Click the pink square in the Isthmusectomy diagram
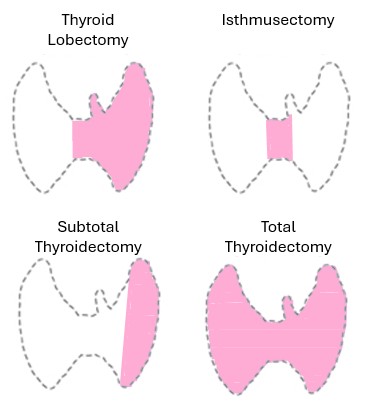pyautogui.click(x=280, y=139)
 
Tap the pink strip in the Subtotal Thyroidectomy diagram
pyautogui.click(x=140, y=320)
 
